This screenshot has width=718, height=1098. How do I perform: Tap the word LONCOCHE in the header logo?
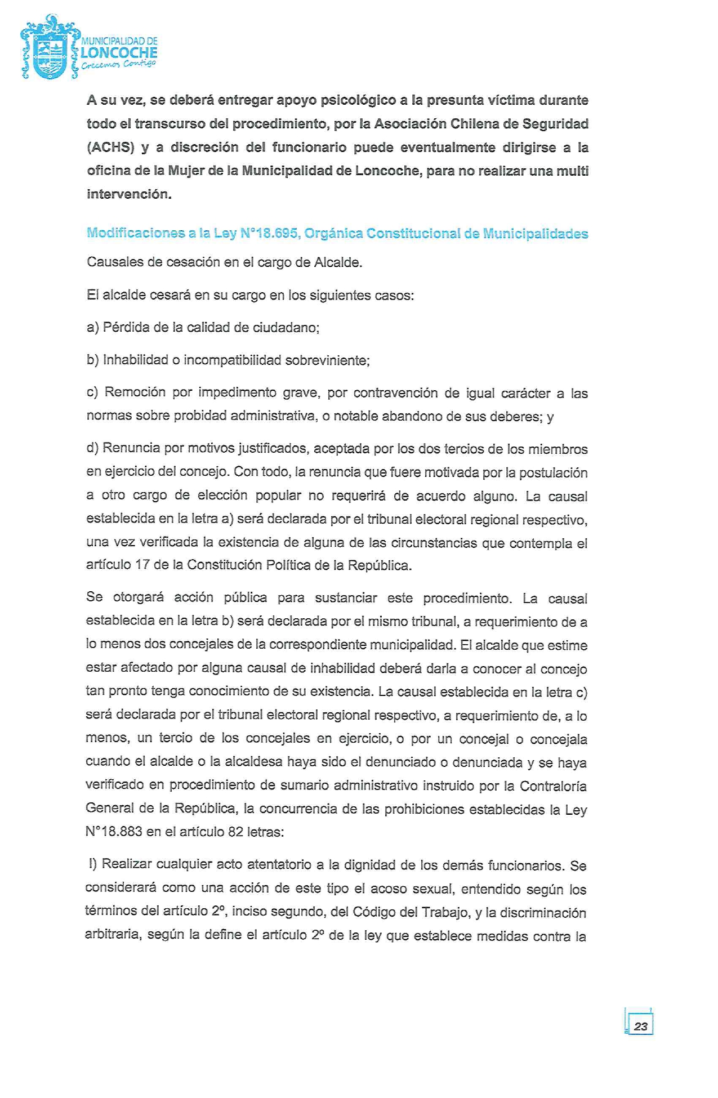[119, 53]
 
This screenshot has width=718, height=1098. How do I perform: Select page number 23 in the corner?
[640, 1026]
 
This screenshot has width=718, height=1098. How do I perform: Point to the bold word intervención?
[128, 195]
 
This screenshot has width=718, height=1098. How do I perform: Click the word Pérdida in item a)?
[123, 328]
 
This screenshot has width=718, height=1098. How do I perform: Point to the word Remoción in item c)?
[134, 392]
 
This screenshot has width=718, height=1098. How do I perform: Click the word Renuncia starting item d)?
[131, 449]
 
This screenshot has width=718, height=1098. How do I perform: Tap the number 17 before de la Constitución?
[142, 565]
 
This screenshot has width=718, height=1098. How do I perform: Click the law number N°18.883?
[114, 832]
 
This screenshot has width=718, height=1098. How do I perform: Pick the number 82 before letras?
[235, 832]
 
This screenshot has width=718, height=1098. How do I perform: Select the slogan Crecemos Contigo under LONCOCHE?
[118, 66]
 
